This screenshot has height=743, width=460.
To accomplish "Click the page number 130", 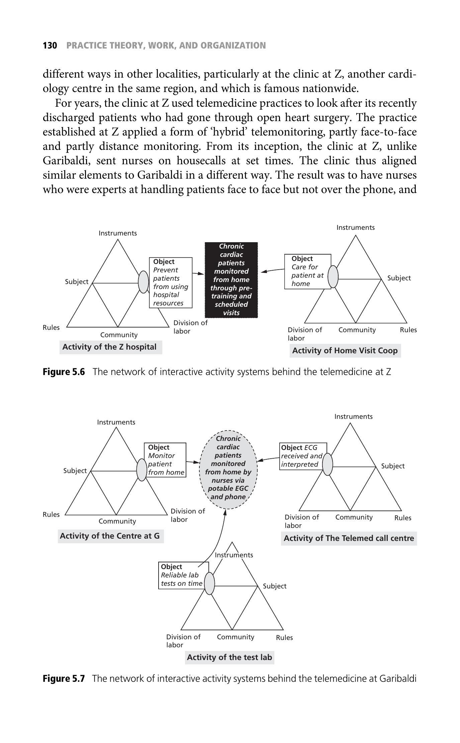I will tap(50, 45).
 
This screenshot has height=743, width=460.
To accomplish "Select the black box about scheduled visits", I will tap(231, 280).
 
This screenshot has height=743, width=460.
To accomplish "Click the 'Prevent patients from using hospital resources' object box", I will tap(171, 282).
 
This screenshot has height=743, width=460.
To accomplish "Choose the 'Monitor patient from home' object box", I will tap(166, 460).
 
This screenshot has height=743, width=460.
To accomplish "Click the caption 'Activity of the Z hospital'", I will tap(109, 347).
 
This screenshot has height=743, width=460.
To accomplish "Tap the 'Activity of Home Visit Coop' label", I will tap(345, 351).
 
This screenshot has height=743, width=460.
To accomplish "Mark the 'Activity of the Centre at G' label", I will tap(110, 536).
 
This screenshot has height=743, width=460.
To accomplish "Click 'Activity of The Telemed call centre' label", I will tap(349, 538).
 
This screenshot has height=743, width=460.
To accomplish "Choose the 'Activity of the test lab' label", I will tap(229, 657).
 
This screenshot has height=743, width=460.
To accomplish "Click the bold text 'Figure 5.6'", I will tap(64, 372).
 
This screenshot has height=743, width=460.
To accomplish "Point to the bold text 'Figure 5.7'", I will tap(64, 678).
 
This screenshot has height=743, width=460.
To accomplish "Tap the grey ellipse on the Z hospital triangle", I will tap(143, 282).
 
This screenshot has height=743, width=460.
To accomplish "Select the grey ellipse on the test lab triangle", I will tap(209, 583).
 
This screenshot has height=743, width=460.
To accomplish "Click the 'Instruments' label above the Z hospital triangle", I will tap(118, 233).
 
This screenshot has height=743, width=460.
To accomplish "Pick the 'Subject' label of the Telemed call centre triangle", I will tap(393, 466).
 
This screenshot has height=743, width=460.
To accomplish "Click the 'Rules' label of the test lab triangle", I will tap(284, 638).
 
